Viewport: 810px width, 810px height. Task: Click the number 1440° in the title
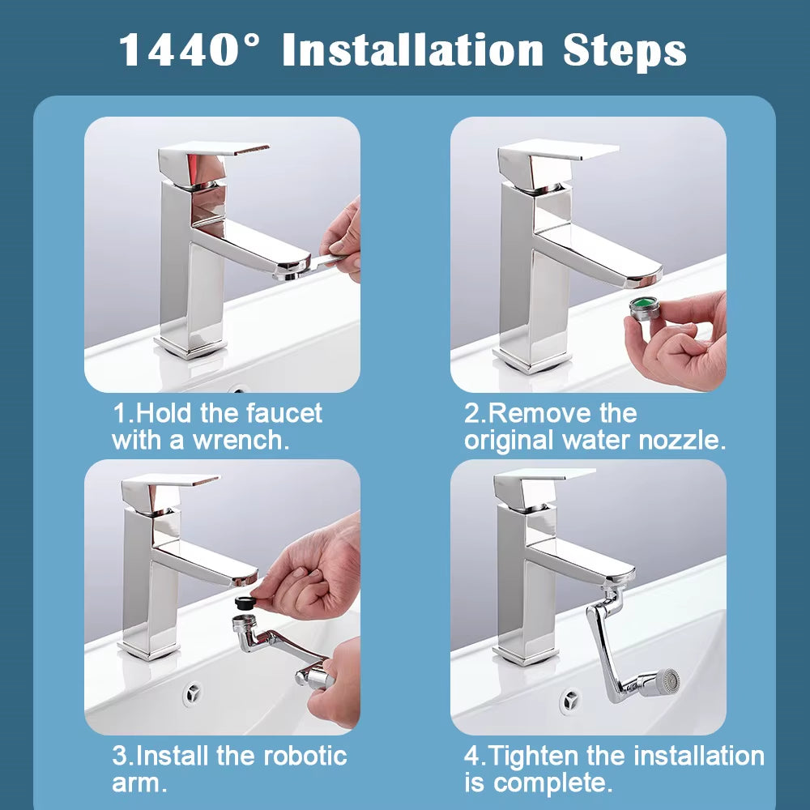tap(192, 50)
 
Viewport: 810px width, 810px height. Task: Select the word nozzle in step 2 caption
tap(682, 441)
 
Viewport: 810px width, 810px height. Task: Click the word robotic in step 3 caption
tap(304, 757)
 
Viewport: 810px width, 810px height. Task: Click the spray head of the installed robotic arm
tap(665, 679)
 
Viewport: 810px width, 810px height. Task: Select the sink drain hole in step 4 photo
tap(570, 698)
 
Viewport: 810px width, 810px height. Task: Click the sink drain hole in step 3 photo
tap(192, 693)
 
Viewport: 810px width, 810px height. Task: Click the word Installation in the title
tap(412, 50)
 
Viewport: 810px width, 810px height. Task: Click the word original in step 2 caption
tap(510, 441)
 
